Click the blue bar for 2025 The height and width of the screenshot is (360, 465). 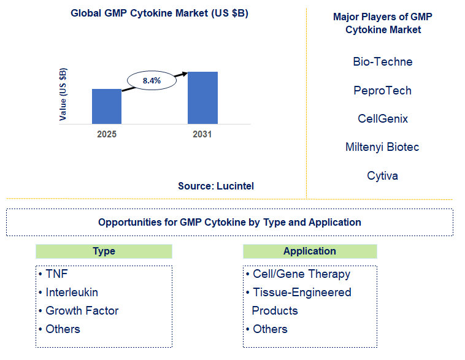pyautogui.click(x=107, y=106)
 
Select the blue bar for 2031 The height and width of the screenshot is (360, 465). pyautogui.click(x=202, y=98)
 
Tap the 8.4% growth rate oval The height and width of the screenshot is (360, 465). pyautogui.click(x=152, y=80)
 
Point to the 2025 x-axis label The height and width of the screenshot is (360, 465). pyautogui.click(x=107, y=134)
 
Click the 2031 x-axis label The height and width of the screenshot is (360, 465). pyautogui.click(x=202, y=134)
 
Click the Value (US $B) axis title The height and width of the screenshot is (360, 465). pyautogui.click(x=63, y=94)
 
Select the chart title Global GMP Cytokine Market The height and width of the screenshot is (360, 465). pyautogui.click(x=159, y=13)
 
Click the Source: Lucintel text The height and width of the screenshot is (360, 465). pyautogui.click(x=216, y=186)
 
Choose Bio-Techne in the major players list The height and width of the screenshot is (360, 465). pyautogui.click(x=383, y=62)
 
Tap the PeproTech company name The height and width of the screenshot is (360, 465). pyautogui.click(x=383, y=91)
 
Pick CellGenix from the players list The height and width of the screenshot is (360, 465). pyautogui.click(x=383, y=119)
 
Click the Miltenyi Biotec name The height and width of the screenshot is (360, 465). pyautogui.click(x=383, y=147)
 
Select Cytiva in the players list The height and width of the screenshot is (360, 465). pyautogui.click(x=383, y=176)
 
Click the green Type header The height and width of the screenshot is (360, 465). pyautogui.click(x=104, y=251)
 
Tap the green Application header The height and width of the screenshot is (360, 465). pyautogui.click(x=310, y=251)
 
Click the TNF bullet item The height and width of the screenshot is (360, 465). pyautogui.click(x=56, y=274)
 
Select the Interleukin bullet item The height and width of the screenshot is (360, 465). pyautogui.click(x=71, y=293)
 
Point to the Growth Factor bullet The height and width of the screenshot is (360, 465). pyautogui.click(x=82, y=311)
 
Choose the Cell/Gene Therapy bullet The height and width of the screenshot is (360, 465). pyautogui.click(x=301, y=274)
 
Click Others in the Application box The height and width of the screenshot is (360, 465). pyautogui.click(x=270, y=329)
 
